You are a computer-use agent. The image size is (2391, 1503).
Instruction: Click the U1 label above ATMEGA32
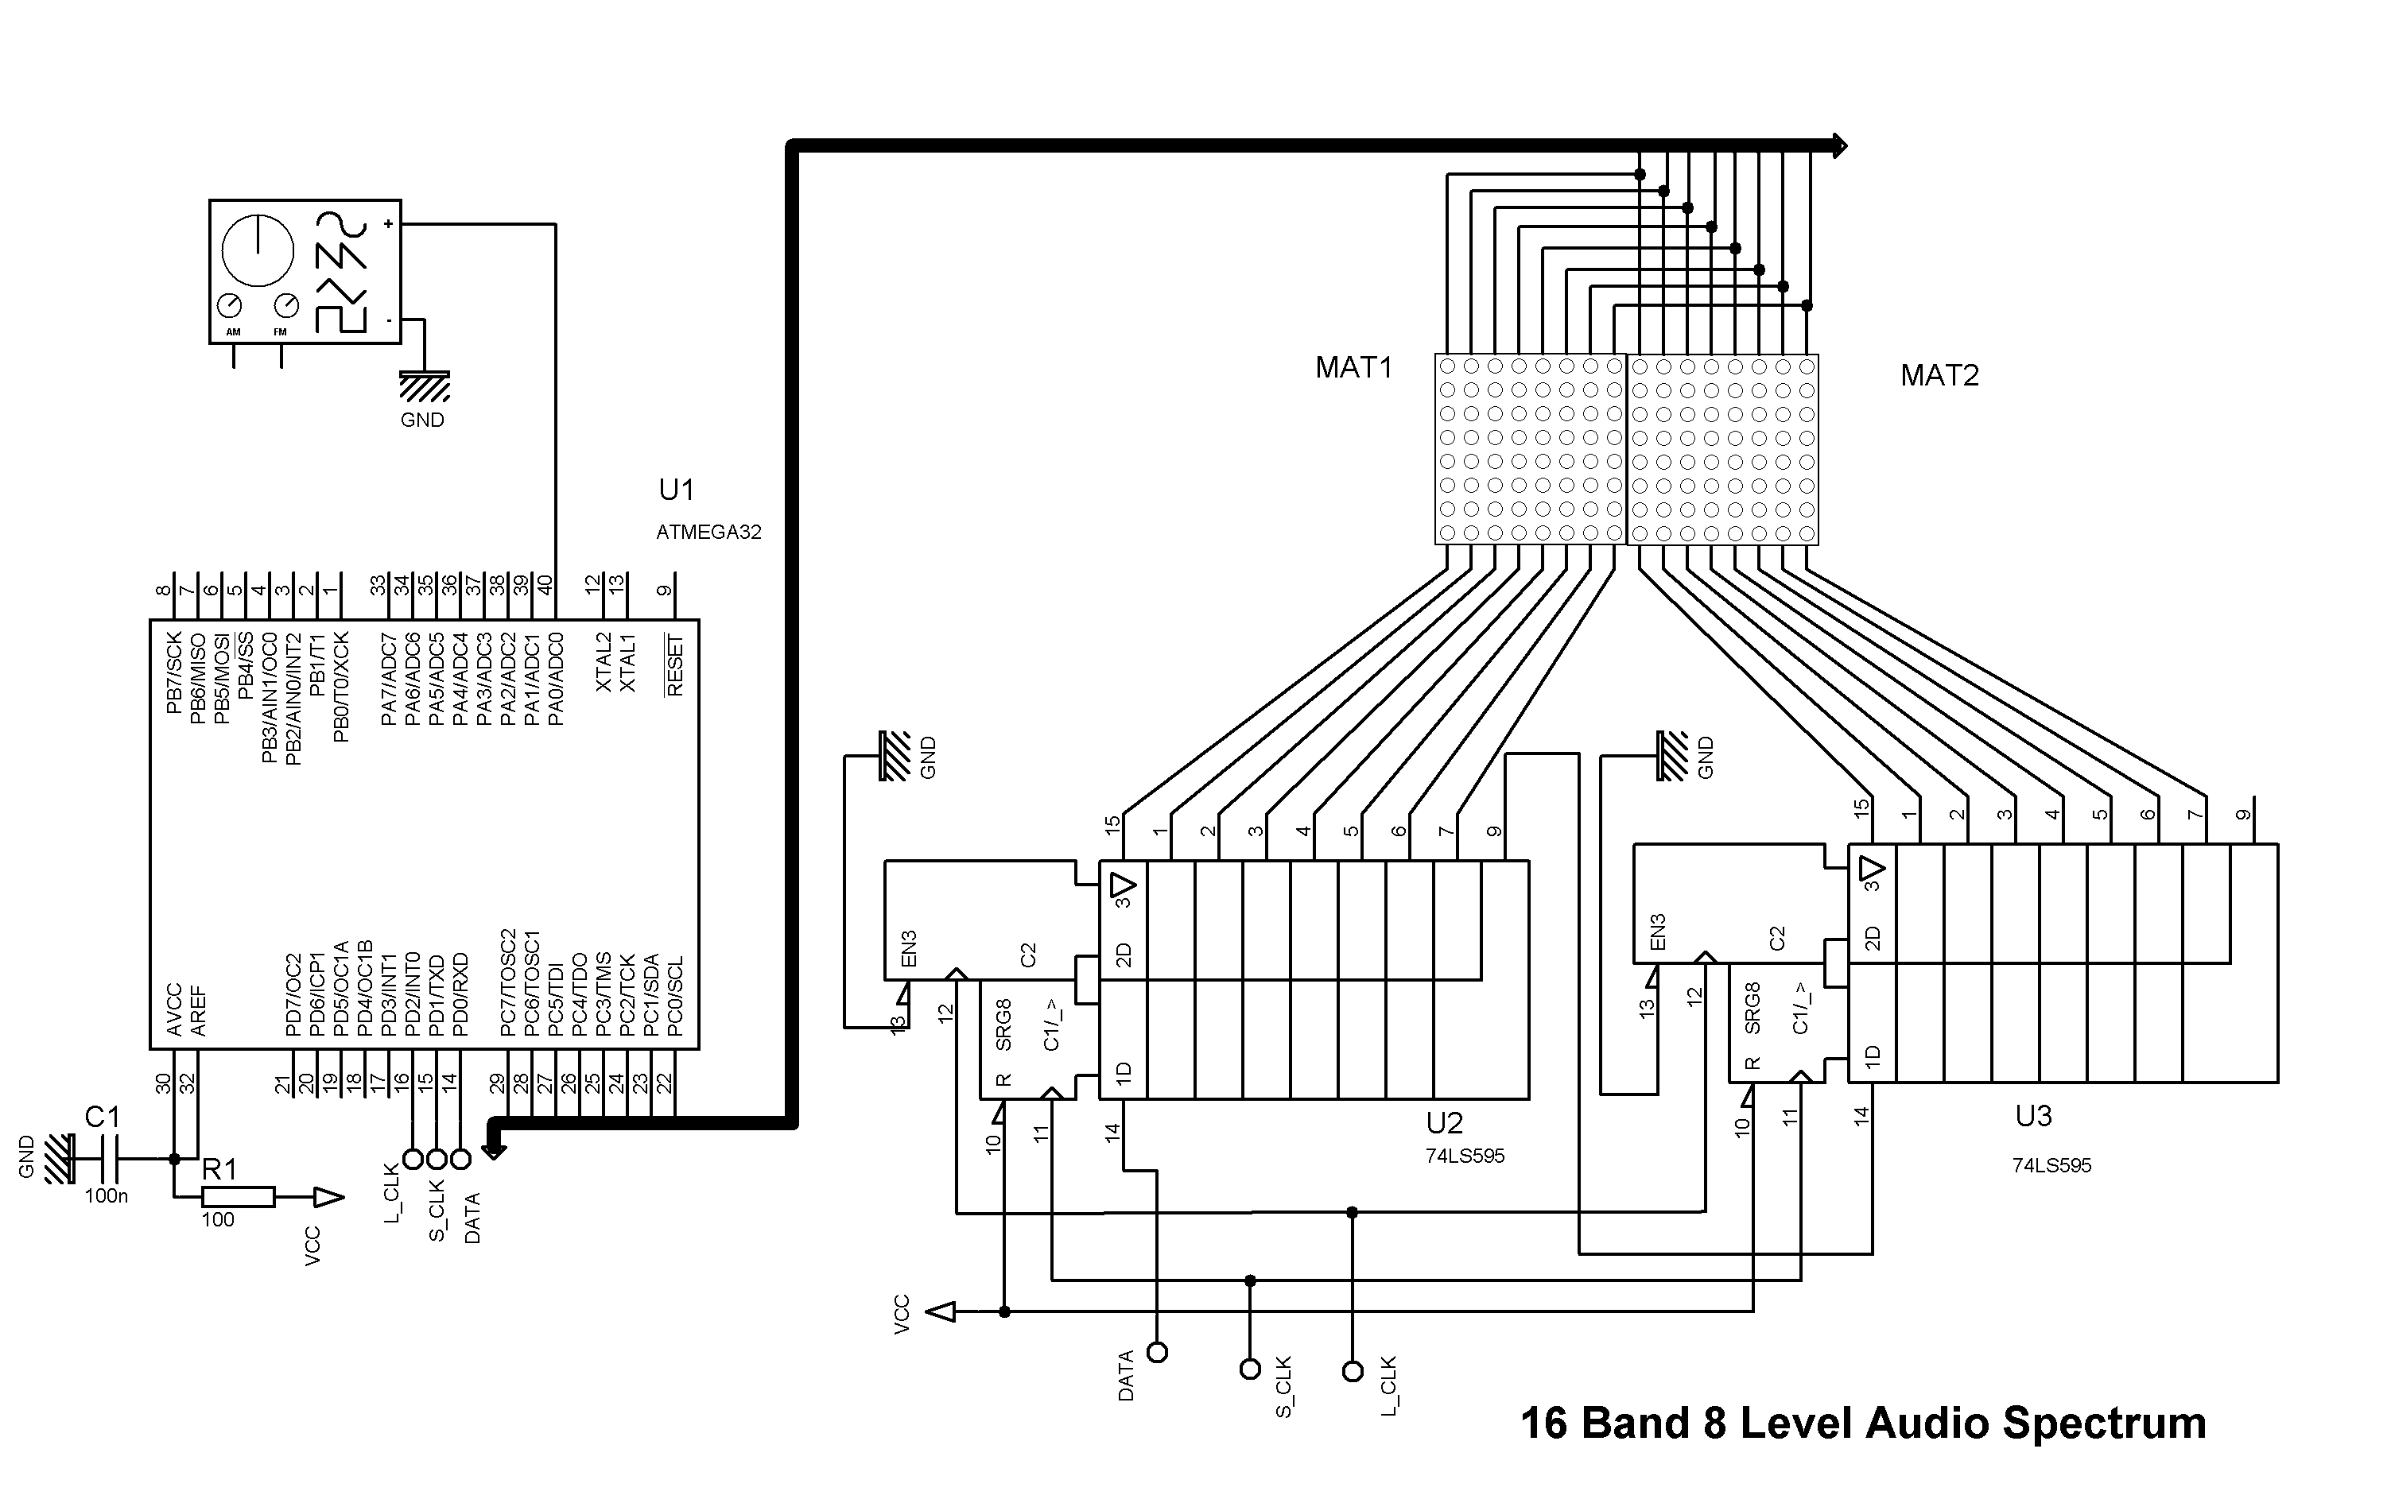tap(676, 490)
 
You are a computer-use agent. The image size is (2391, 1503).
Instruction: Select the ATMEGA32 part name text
tap(708, 532)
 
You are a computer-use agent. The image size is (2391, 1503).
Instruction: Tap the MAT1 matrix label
tap(1353, 368)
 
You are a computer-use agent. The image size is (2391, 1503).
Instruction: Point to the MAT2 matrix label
tap(1939, 375)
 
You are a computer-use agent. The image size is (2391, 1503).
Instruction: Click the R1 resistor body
tap(237, 1197)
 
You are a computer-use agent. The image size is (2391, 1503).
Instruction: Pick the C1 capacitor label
tap(103, 1117)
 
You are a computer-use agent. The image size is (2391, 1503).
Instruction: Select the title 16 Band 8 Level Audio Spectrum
tap(1863, 1423)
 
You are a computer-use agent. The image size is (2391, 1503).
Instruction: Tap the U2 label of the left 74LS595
tap(1445, 1123)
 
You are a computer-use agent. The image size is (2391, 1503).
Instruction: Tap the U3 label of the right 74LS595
tap(2032, 1116)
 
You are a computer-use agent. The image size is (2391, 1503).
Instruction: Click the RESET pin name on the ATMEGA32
tap(675, 665)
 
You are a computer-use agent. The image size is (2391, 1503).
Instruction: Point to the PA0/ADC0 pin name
tap(556, 680)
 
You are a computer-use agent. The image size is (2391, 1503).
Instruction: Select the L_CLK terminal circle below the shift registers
tap(1353, 1372)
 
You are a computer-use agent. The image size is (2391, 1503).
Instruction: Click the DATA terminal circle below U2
tap(1157, 1352)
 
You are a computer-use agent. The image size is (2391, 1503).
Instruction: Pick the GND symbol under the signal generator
tap(424, 386)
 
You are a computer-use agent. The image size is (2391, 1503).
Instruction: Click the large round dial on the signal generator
tap(257, 250)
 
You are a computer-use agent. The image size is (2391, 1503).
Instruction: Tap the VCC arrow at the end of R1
tap(328, 1199)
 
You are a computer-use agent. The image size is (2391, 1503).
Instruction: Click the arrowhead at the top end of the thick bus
tap(1839, 147)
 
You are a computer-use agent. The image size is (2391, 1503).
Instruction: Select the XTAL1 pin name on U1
tap(627, 663)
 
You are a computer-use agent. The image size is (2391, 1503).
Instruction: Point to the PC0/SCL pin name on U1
tap(675, 997)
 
